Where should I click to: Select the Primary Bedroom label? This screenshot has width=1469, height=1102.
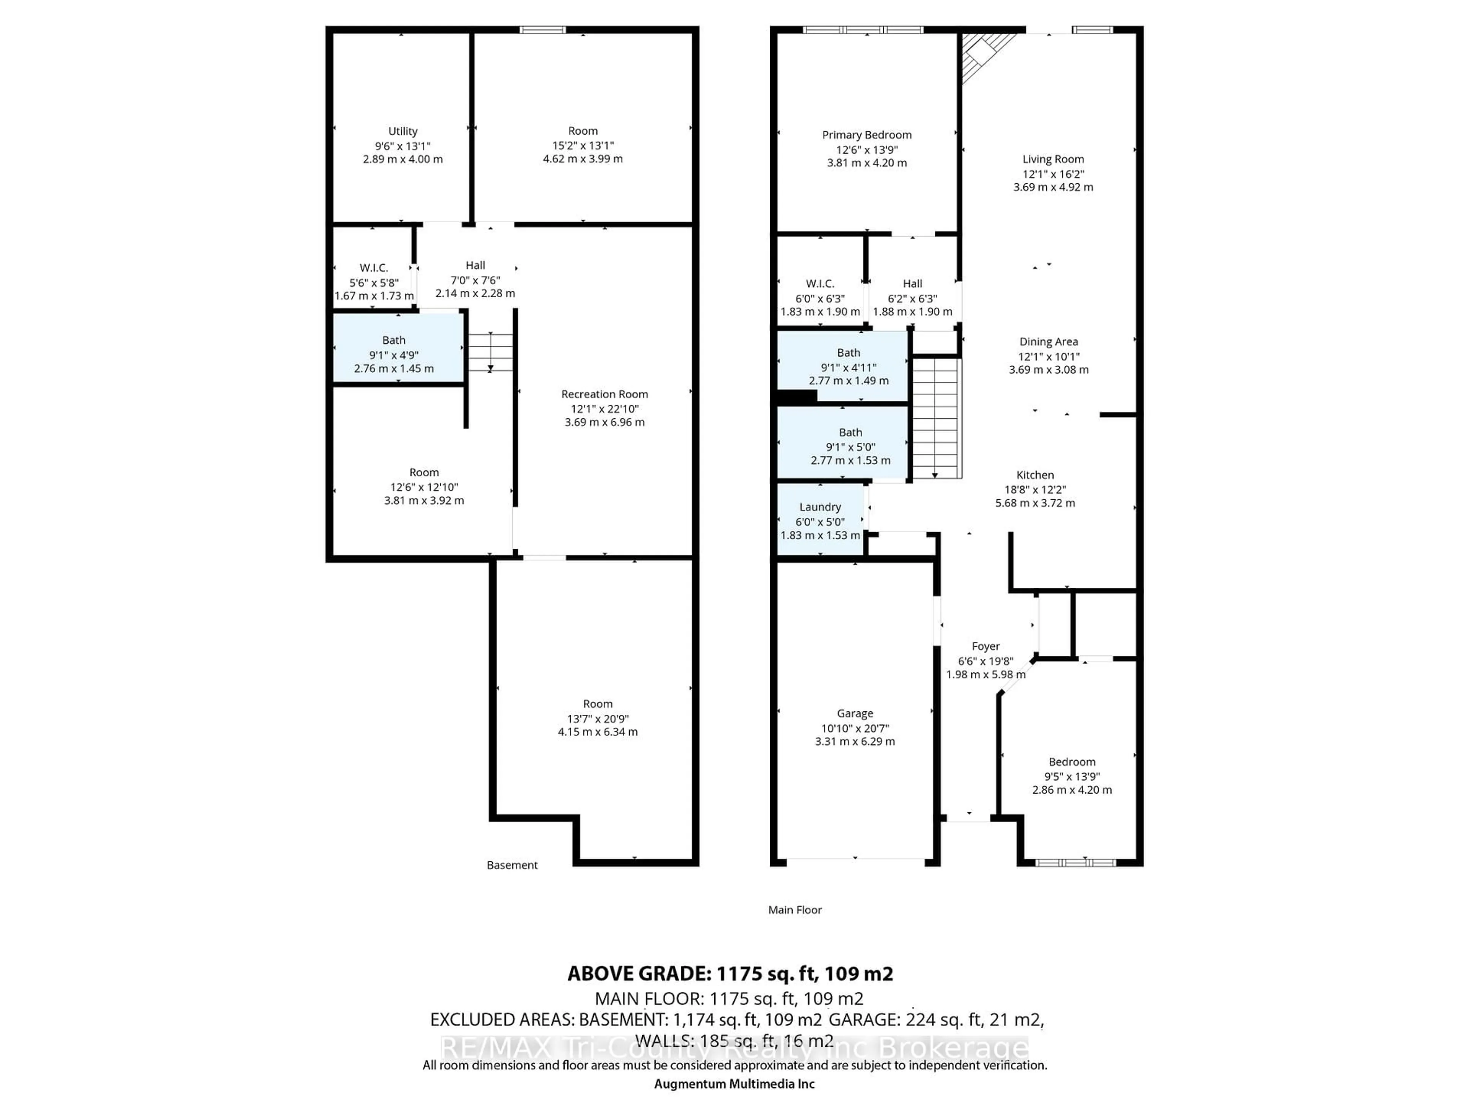click(866, 135)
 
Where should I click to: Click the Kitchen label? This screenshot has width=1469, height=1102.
click(1035, 475)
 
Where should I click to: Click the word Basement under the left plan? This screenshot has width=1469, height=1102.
click(511, 865)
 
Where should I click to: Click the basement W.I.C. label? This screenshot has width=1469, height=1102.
click(373, 268)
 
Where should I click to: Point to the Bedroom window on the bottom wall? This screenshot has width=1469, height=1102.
click(1075, 863)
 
